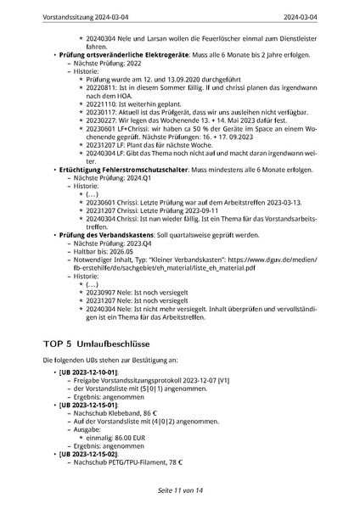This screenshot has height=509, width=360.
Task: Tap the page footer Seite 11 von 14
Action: pos(180,490)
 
